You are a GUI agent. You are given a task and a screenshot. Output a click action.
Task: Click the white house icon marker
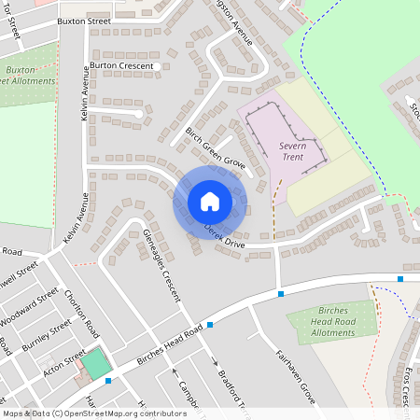pos(210,202)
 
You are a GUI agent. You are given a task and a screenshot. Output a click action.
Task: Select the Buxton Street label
pos(84,20)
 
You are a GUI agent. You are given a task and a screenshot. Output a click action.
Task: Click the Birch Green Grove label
pos(215,147)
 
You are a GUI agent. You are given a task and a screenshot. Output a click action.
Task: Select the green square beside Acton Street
pos(95,363)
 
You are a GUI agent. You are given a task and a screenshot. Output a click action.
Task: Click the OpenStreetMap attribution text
pos(94,413)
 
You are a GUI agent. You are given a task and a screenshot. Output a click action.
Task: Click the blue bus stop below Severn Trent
pos(281,295)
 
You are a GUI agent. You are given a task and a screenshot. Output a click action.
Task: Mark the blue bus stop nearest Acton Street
pos(108,381)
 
